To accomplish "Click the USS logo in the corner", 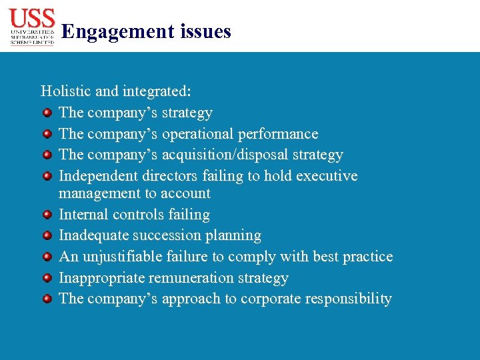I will click(x=32, y=27).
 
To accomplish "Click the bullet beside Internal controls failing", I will click(x=47, y=215).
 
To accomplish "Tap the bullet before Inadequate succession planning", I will click(x=47, y=235).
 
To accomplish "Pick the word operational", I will click(x=198, y=134).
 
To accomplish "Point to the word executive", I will click(x=326, y=176).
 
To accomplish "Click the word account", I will click(x=185, y=194).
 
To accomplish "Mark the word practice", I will click(x=368, y=257).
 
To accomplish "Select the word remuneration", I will click(x=193, y=278).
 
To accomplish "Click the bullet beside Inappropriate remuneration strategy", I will click(x=47, y=278).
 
